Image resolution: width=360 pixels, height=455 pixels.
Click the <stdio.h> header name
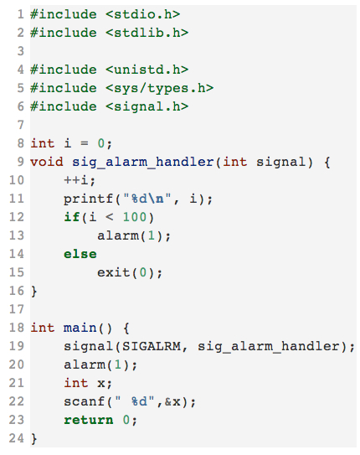[x=142, y=14]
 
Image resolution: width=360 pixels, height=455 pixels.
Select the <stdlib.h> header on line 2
[x=147, y=33]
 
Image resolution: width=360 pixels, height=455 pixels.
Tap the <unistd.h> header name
[x=147, y=70]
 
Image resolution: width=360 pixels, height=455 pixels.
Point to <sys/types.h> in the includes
[x=159, y=88]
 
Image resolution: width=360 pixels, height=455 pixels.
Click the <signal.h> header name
[x=147, y=106]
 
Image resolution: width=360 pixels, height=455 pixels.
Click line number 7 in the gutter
[x=20, y=125]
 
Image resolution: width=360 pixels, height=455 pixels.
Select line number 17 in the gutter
[x=17, y=309]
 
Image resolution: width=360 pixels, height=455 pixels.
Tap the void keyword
[x=47, y=162]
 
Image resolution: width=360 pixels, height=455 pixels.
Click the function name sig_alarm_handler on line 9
[x=142, y=163]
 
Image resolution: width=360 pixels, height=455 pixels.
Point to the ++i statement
[x=80, y=180]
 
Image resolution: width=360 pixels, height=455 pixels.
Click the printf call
[x=138, y=199]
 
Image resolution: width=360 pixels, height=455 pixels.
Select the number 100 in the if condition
[x=135, y=217]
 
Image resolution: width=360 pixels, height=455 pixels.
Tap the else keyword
[x=80, y=254]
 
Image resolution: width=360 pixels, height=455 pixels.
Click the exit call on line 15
[x=130, y=273]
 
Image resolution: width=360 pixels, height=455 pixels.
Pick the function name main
[x=80, y=328]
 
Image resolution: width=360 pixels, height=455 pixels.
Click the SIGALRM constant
[x=152, y=346]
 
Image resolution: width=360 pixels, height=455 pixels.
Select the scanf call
[x=130, y=402]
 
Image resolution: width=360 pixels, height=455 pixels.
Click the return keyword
[x=89, y=420]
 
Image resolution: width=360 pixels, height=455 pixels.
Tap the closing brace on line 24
[x=34, y=439]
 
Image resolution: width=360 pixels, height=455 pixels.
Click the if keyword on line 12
[x=72, y=217]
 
